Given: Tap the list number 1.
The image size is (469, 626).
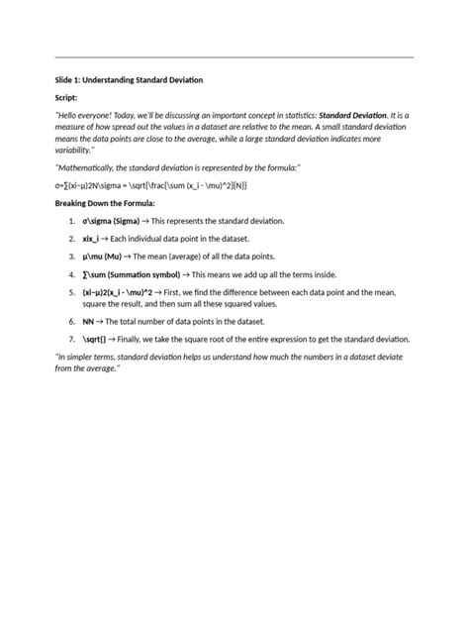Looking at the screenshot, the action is click(72, 221).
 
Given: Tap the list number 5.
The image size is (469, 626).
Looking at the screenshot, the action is click(72, 293).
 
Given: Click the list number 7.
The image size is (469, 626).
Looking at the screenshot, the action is click(72, 339).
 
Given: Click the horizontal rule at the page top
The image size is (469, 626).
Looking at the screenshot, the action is click(234, 57).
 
